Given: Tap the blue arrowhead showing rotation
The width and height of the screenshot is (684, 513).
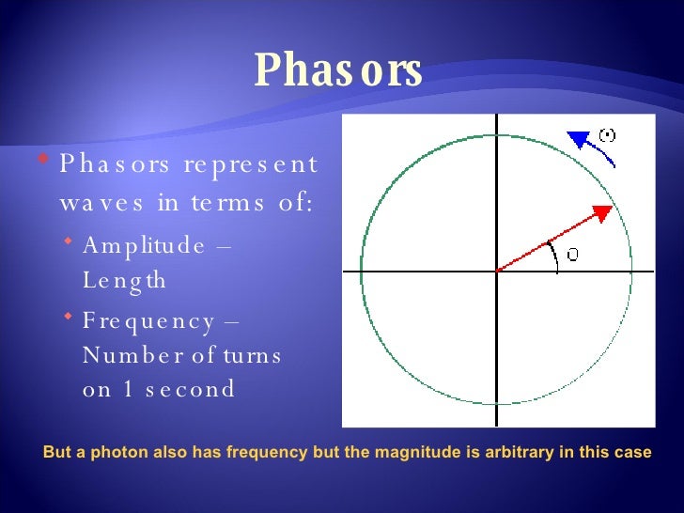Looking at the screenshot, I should coord(577,140).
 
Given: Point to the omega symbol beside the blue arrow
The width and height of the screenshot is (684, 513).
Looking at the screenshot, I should coord(607,135).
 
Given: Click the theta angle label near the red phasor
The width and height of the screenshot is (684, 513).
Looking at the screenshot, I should coord(571,255).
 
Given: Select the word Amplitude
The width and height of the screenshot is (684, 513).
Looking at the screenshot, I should coord(144,245).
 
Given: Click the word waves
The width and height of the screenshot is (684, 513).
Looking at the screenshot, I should coord(98,203).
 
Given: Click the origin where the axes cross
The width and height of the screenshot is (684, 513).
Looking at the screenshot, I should coord(495,272).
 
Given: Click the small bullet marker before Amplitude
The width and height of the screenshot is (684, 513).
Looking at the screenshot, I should coord(70,243).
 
